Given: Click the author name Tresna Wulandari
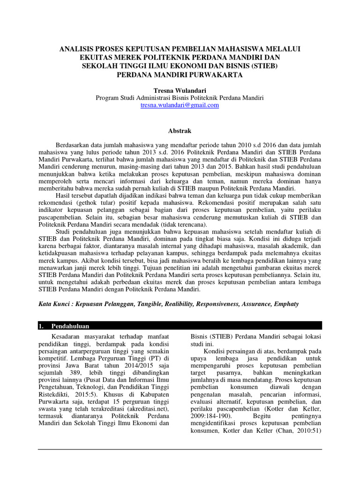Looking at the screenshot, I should (x=180, y=89).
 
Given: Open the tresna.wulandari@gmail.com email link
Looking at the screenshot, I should (x=180, y=105).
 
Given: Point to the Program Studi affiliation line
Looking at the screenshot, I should (x=180, y=97).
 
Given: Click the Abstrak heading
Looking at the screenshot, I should (x=180, y=131).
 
